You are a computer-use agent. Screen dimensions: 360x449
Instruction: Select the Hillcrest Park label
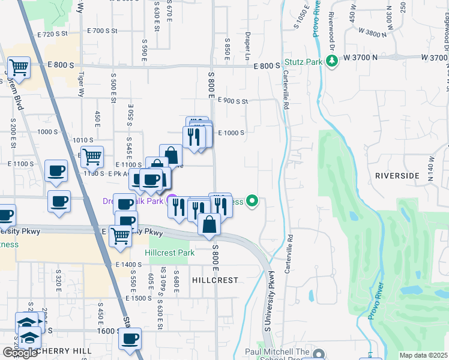tap(169, 253)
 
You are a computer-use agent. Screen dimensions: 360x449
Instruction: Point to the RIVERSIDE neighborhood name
tap(397, 176)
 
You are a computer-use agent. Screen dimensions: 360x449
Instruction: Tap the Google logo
tap(20, 353)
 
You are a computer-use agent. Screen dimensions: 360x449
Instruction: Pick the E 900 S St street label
tap(233, 101)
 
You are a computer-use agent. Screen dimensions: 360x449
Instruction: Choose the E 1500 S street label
tap(139, 298)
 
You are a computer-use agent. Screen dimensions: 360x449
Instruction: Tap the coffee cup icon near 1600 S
tap(130, 338)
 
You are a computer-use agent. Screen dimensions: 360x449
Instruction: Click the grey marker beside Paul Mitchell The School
tap(318, 353)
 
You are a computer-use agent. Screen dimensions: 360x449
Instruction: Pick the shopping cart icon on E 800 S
tap(19, 68)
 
